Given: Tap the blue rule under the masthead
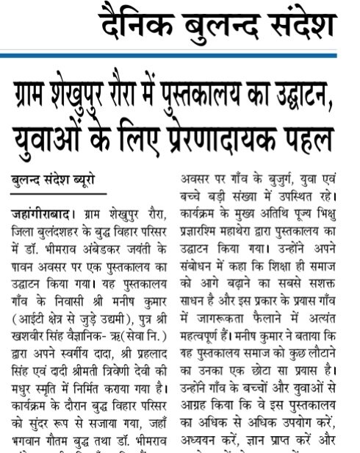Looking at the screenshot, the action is click(220, 55).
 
